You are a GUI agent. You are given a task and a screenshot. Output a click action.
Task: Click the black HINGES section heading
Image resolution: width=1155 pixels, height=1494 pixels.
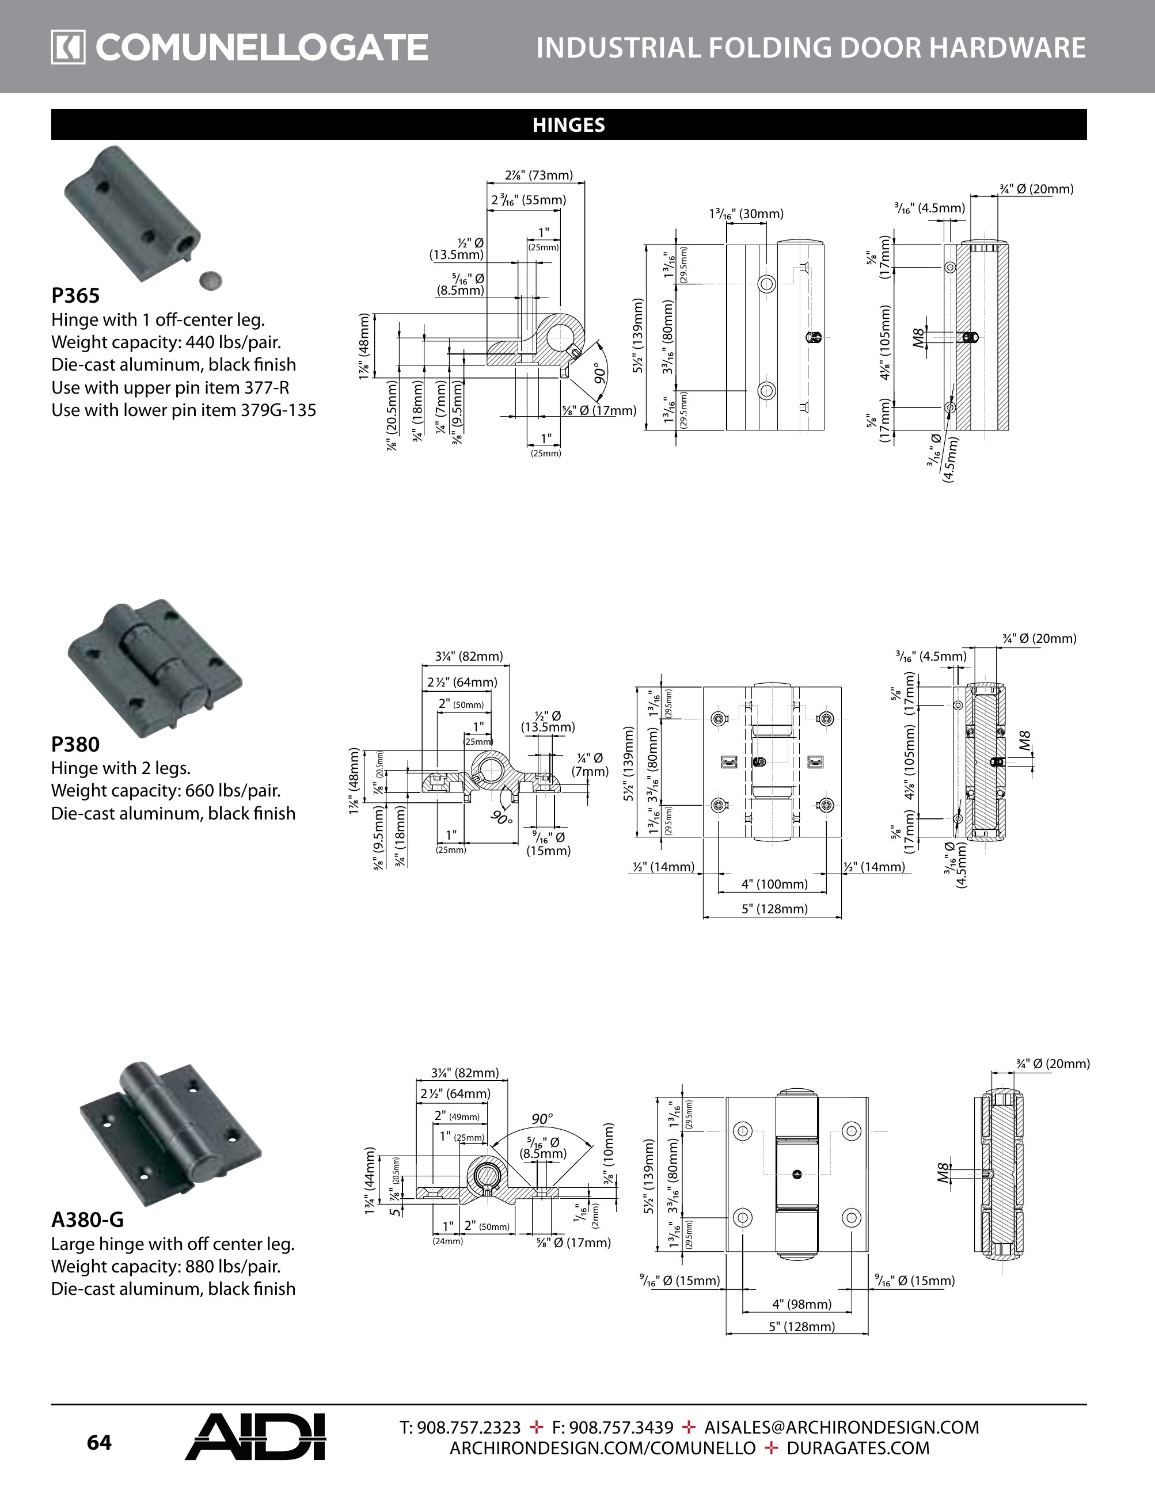(569, 125)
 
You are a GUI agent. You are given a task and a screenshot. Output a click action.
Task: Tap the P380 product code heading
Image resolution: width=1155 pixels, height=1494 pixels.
(75, 744)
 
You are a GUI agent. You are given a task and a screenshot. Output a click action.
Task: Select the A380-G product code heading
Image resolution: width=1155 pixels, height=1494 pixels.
(88, 1219)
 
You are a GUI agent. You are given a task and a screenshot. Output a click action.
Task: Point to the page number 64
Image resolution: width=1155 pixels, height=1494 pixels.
(99, 1443)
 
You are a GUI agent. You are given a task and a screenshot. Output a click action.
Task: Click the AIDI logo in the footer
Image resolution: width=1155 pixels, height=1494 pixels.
(255, 1436)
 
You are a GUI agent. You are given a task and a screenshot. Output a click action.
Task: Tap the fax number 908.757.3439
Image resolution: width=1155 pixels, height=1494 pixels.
(613, 1428)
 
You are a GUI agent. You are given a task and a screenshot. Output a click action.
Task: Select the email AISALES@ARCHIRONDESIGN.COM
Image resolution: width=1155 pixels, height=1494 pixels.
(842, 1428)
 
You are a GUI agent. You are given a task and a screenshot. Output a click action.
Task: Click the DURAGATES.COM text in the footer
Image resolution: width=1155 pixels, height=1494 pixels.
(858, 1448)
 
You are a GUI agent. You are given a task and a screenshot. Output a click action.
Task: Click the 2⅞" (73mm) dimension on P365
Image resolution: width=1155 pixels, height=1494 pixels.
(538, 175)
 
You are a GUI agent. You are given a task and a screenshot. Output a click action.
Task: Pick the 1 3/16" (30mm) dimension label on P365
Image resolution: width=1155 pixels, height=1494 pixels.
(746, 214)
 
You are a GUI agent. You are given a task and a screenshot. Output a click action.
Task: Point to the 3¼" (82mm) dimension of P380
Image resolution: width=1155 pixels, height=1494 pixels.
(469, 657)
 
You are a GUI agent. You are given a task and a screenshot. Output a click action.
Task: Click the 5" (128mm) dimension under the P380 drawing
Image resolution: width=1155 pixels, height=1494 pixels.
(774, 909)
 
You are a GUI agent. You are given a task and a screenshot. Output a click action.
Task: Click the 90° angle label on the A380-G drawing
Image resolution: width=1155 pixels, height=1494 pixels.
(542, 1119)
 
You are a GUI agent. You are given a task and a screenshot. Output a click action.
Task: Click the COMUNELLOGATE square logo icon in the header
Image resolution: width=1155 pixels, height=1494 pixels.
(68, 48)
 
